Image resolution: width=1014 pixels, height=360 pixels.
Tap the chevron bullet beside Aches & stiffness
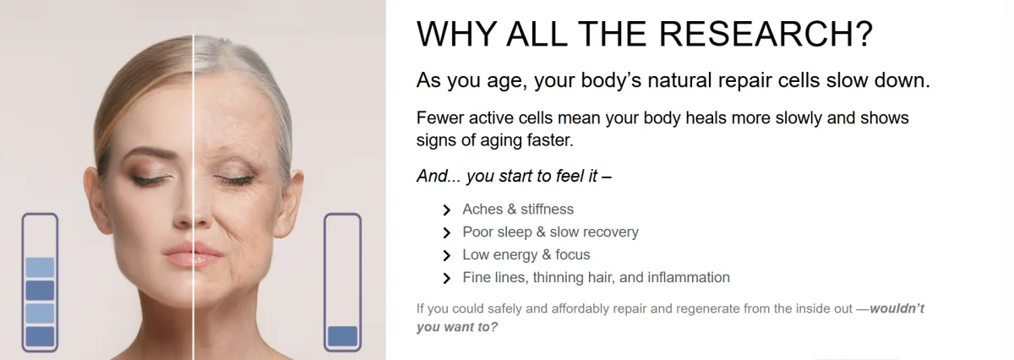[447, 210]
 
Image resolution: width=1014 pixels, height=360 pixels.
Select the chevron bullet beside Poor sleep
[447, 232]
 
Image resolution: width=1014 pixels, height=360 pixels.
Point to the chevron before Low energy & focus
[447, 255]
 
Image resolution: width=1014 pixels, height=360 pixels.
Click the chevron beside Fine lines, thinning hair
[447, 278]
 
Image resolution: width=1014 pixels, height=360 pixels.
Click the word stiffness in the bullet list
[547, 209]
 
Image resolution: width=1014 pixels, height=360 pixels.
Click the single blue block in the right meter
[342, 336]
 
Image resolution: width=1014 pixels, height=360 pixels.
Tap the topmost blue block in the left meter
[40, 267]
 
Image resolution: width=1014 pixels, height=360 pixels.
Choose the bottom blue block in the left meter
[40, 336]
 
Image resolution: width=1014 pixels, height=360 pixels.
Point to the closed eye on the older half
[233, 179]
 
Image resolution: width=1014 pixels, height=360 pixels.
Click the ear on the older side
[292, 204]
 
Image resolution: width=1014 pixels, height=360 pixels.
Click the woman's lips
[194, 255]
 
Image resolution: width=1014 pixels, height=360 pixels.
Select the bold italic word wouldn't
[897, 308]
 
